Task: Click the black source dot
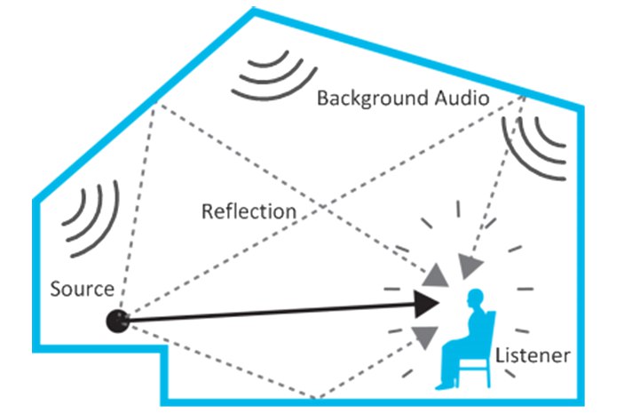(118, 321)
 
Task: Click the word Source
(82, 289)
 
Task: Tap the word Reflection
(249, 211)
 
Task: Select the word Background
(372, 98)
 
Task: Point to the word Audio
(460, 98)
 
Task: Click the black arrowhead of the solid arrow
(427, 303)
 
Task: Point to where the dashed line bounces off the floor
(312, 398)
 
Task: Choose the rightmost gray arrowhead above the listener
(471, 264)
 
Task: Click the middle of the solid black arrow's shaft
(275, 312)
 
